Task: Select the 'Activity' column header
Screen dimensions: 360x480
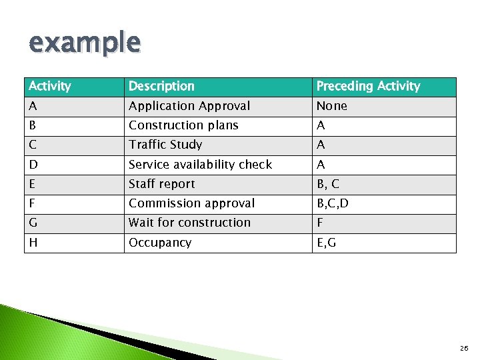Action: point(49,86)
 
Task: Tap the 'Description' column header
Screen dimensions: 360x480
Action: point(161,86)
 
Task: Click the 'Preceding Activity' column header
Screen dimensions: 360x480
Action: point(368,86)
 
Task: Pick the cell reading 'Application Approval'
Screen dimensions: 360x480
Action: point(189,106)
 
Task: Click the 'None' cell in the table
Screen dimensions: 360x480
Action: point(331,106)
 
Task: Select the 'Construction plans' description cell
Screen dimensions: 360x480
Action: point(183,125)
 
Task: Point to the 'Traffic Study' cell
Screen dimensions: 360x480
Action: point(165,145)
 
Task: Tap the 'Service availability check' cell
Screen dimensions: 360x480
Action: point(200,165)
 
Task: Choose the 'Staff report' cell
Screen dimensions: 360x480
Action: point(162,184)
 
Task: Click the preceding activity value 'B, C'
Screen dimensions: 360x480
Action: point(328,184)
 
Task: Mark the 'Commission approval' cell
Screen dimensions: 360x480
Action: point(191,203)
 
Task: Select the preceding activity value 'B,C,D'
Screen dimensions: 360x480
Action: point(332,203)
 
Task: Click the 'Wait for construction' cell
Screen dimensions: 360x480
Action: point(189,223)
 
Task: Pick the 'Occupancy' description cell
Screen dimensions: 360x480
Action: point(160,243)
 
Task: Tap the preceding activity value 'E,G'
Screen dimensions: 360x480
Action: point(326,243)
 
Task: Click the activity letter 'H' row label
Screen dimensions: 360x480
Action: point(33,243)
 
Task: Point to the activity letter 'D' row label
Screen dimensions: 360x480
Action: point(33,165)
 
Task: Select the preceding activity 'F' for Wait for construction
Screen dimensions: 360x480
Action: point(320,223)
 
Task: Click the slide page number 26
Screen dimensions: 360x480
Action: point(463,348)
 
